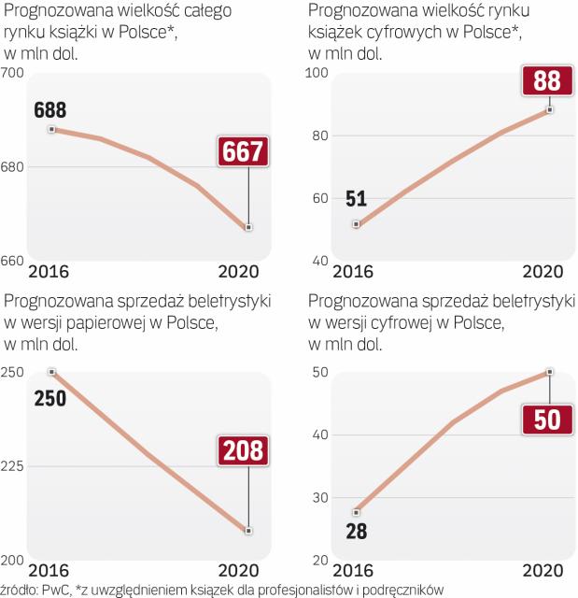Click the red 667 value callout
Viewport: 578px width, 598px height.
[243, 151]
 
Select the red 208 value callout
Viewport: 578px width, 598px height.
[244, 451]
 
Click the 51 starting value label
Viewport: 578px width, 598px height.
[356, 198]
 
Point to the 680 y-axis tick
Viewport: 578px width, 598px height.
[13, 167]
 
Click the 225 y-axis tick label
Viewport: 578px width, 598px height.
[13, 466]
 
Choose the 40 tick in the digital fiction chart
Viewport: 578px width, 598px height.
[319, 434]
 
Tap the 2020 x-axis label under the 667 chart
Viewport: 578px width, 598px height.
[240, 271]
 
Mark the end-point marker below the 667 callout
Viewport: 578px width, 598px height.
[248, 227]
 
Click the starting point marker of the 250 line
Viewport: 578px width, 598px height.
[51, 372]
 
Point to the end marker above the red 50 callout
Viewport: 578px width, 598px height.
[550, 372]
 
